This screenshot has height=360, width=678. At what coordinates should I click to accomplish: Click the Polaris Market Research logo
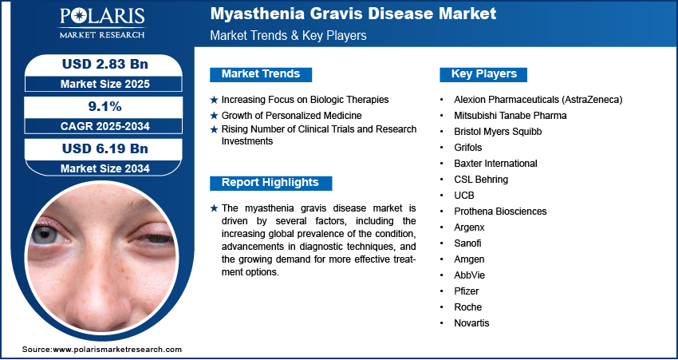pyautogui.click(x=102, y=23)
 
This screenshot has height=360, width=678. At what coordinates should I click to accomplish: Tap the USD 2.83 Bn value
pyautogui.click(x=105, y=64)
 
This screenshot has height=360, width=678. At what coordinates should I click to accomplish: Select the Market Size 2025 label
pyautogui.click(x=105, y=84)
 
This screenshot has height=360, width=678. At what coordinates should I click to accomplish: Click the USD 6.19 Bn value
pyautogui.click(x=105, y=148)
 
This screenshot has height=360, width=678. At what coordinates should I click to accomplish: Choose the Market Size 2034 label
pyautogui.click(x=105, y=168)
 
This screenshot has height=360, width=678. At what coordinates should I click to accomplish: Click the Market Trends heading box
pyautogui.click(x=261, y=74)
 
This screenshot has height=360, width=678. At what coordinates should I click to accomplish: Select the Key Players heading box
pyautogui.click(x=483, y=74)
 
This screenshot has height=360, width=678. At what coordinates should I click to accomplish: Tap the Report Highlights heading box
pyautogui.click(x=270, y=183)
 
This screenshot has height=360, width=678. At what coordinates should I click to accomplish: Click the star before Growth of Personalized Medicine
pyautogui.click(x=214, y=116)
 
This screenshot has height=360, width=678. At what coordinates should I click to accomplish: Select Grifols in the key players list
pyautogui.click(x=468, y=148)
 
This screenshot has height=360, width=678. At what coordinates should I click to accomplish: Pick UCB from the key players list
pyautogui.click(x=464, y=196)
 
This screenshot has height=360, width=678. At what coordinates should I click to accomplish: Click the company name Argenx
pyautogui.click(x=469, y=227)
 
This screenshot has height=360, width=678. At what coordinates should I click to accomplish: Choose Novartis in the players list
pyautogui.click(x=471, y=323)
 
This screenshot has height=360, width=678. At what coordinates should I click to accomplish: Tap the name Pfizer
pyautogui.click(x=466, y=291)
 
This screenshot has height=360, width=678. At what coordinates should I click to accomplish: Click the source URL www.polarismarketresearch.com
pyautogui.click(x=117, y=349)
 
